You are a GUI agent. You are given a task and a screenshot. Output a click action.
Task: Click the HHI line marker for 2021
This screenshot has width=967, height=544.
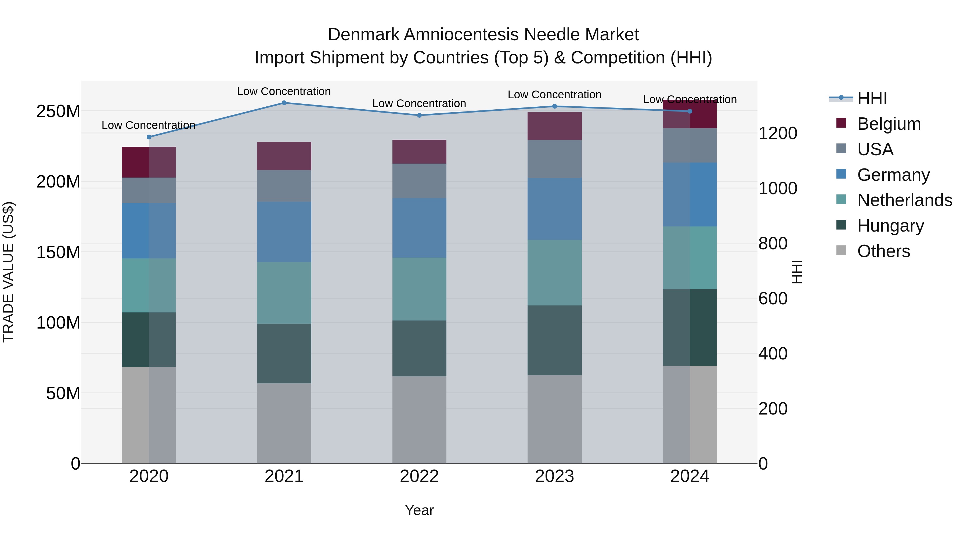284,103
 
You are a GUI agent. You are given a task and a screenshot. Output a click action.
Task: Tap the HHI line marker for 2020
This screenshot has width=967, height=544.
149,137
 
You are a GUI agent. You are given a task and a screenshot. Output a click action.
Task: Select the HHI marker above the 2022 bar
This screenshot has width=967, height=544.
419,115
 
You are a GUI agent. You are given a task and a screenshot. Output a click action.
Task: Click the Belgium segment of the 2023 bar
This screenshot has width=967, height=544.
554,126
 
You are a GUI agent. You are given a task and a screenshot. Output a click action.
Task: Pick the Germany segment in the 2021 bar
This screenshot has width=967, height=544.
284,232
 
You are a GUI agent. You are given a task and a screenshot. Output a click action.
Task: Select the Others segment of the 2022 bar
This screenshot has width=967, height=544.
419,420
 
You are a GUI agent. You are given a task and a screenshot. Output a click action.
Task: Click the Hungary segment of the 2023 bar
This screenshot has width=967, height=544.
554,340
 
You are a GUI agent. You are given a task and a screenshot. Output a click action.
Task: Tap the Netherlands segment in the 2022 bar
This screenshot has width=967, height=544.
419,289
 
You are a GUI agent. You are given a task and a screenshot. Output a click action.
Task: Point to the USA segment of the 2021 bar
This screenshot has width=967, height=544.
284,186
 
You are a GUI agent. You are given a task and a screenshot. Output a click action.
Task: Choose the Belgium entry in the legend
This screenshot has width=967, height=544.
889,124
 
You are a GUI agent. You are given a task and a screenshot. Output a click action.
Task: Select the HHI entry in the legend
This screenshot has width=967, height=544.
872,98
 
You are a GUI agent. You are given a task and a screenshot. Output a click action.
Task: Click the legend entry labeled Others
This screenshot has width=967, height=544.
883,251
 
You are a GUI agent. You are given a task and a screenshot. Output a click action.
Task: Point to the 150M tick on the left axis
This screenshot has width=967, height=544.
58,252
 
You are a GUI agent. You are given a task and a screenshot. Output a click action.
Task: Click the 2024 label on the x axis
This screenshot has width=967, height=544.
690,476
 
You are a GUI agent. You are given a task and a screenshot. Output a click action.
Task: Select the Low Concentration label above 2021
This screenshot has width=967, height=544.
284,91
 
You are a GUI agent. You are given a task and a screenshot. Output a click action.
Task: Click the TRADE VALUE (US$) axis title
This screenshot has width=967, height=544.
8,272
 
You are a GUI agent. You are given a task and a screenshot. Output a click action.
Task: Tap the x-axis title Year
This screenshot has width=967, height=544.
419,510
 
